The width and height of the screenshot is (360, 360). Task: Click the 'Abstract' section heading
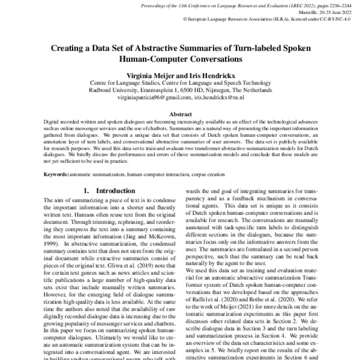click(x=180, y=113)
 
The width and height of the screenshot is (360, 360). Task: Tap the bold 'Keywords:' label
click(x=59, y=174)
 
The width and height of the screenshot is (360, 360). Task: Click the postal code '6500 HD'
click(x=193, y=89)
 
